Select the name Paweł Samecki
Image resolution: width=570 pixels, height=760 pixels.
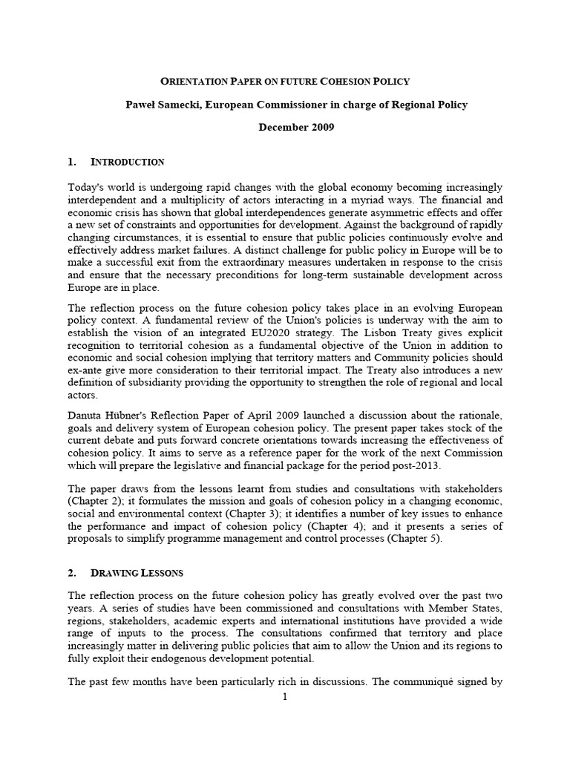[x=159, y=105]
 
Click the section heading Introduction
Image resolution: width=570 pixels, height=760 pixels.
[x=127, y=162]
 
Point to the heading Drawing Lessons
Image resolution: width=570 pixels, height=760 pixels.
[x=137, y=573]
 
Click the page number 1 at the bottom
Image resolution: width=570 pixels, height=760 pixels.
[x=284, y=696]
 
